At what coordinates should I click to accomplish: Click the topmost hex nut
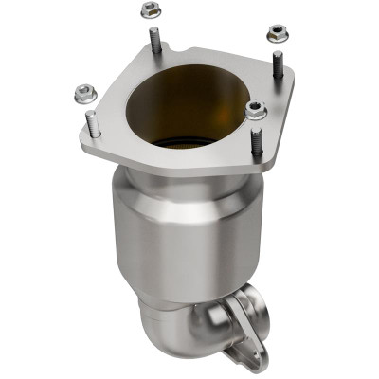tap(149, 10)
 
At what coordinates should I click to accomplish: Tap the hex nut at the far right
tap(276, 33)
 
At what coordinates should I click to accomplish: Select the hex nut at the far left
tap(81, 93)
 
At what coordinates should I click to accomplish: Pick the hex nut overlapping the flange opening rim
tap(255, 111)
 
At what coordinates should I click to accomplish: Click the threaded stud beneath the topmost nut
tap(153, 41)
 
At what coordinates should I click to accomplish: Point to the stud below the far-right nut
tap(278, 64)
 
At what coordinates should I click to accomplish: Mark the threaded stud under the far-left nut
tap(92, 124)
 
